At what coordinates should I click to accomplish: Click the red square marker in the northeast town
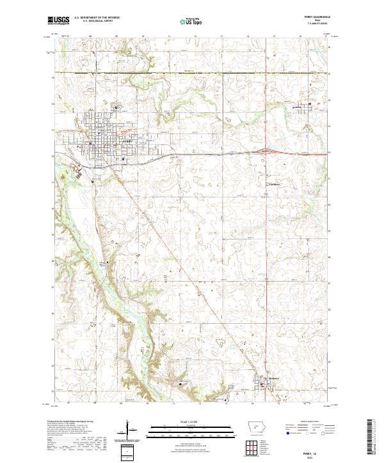[x=310, y=104]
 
